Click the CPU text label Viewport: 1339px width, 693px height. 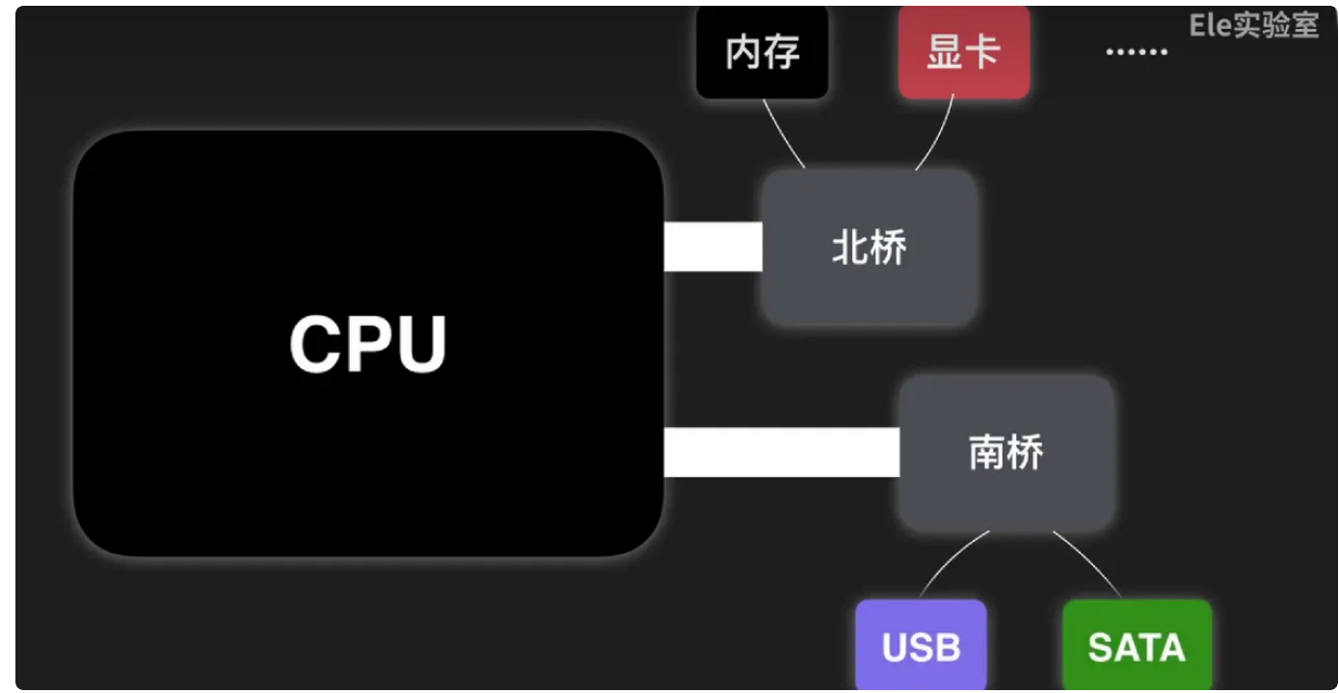(x=368, y=344)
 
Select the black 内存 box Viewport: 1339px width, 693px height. (x=762, y=52)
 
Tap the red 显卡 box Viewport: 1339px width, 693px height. (x=963, y=52)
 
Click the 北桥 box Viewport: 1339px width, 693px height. (x=869, y=248)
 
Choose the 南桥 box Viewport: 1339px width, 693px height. (x=1005, y=452)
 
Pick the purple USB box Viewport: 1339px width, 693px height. (x=921, y=646)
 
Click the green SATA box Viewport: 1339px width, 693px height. (x=1137, y=646)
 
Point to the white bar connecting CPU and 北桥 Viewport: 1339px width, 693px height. (x=712, y=247)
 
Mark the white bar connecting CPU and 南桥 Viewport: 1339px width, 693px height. (x=781, y=452)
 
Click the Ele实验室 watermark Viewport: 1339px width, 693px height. (x=1253, y=25)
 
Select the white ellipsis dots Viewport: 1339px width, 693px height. (x=1136, y=52)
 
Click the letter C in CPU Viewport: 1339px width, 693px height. (x=316, y=344)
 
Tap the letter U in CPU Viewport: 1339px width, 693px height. (x=420, y=344)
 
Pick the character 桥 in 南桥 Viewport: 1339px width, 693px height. (x=1025, y=452)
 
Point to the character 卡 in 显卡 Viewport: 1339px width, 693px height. (x=982, y=52)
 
